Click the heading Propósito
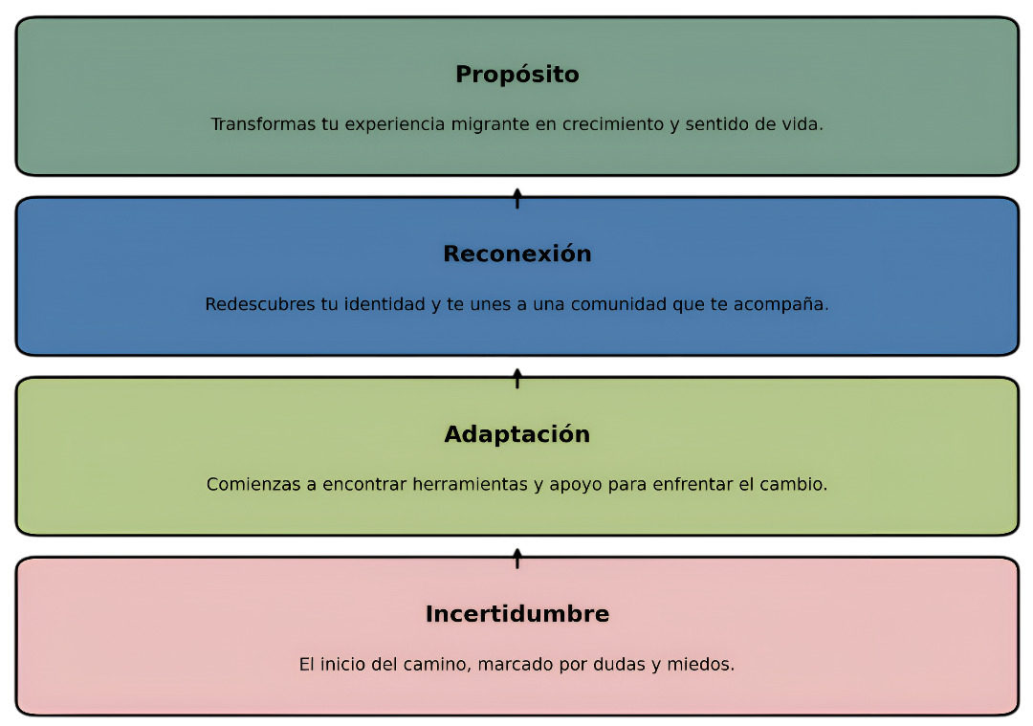(516, 75)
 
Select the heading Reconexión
(516, 254)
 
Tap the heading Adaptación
(516, 434)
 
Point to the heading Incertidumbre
(516, 614)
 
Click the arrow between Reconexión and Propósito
(516, 198)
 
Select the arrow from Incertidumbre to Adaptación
(516, 558)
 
